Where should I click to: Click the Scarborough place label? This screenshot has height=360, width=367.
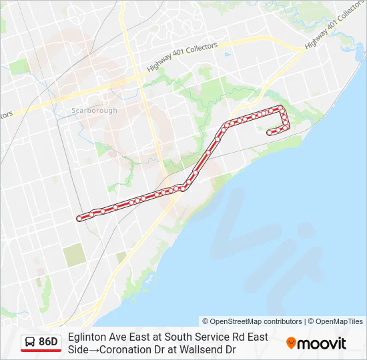pyautogui.click(x=94, y=111)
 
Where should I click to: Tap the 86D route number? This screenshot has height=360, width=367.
pyautogui.click(x=48, y=342)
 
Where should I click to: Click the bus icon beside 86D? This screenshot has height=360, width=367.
pyautogui.click(x=31, y=342)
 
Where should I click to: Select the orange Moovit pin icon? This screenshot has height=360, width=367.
pyautogui.click(x=291, y=343)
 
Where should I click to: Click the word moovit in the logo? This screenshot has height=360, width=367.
pyautogui.click(x=322, y=343)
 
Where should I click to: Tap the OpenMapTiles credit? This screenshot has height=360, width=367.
pyautogui.click(x=340, y=321)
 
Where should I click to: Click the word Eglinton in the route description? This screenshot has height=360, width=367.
pyautogui.click(x=87, y=337)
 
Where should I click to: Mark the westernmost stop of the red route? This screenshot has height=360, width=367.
pyautogui.click(x=79, y=218)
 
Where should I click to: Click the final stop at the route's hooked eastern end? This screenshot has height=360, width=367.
pyautogui.click(x=269, y=133)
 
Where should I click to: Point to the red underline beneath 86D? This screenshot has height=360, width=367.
pyautogui.click(x=41, y=351)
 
